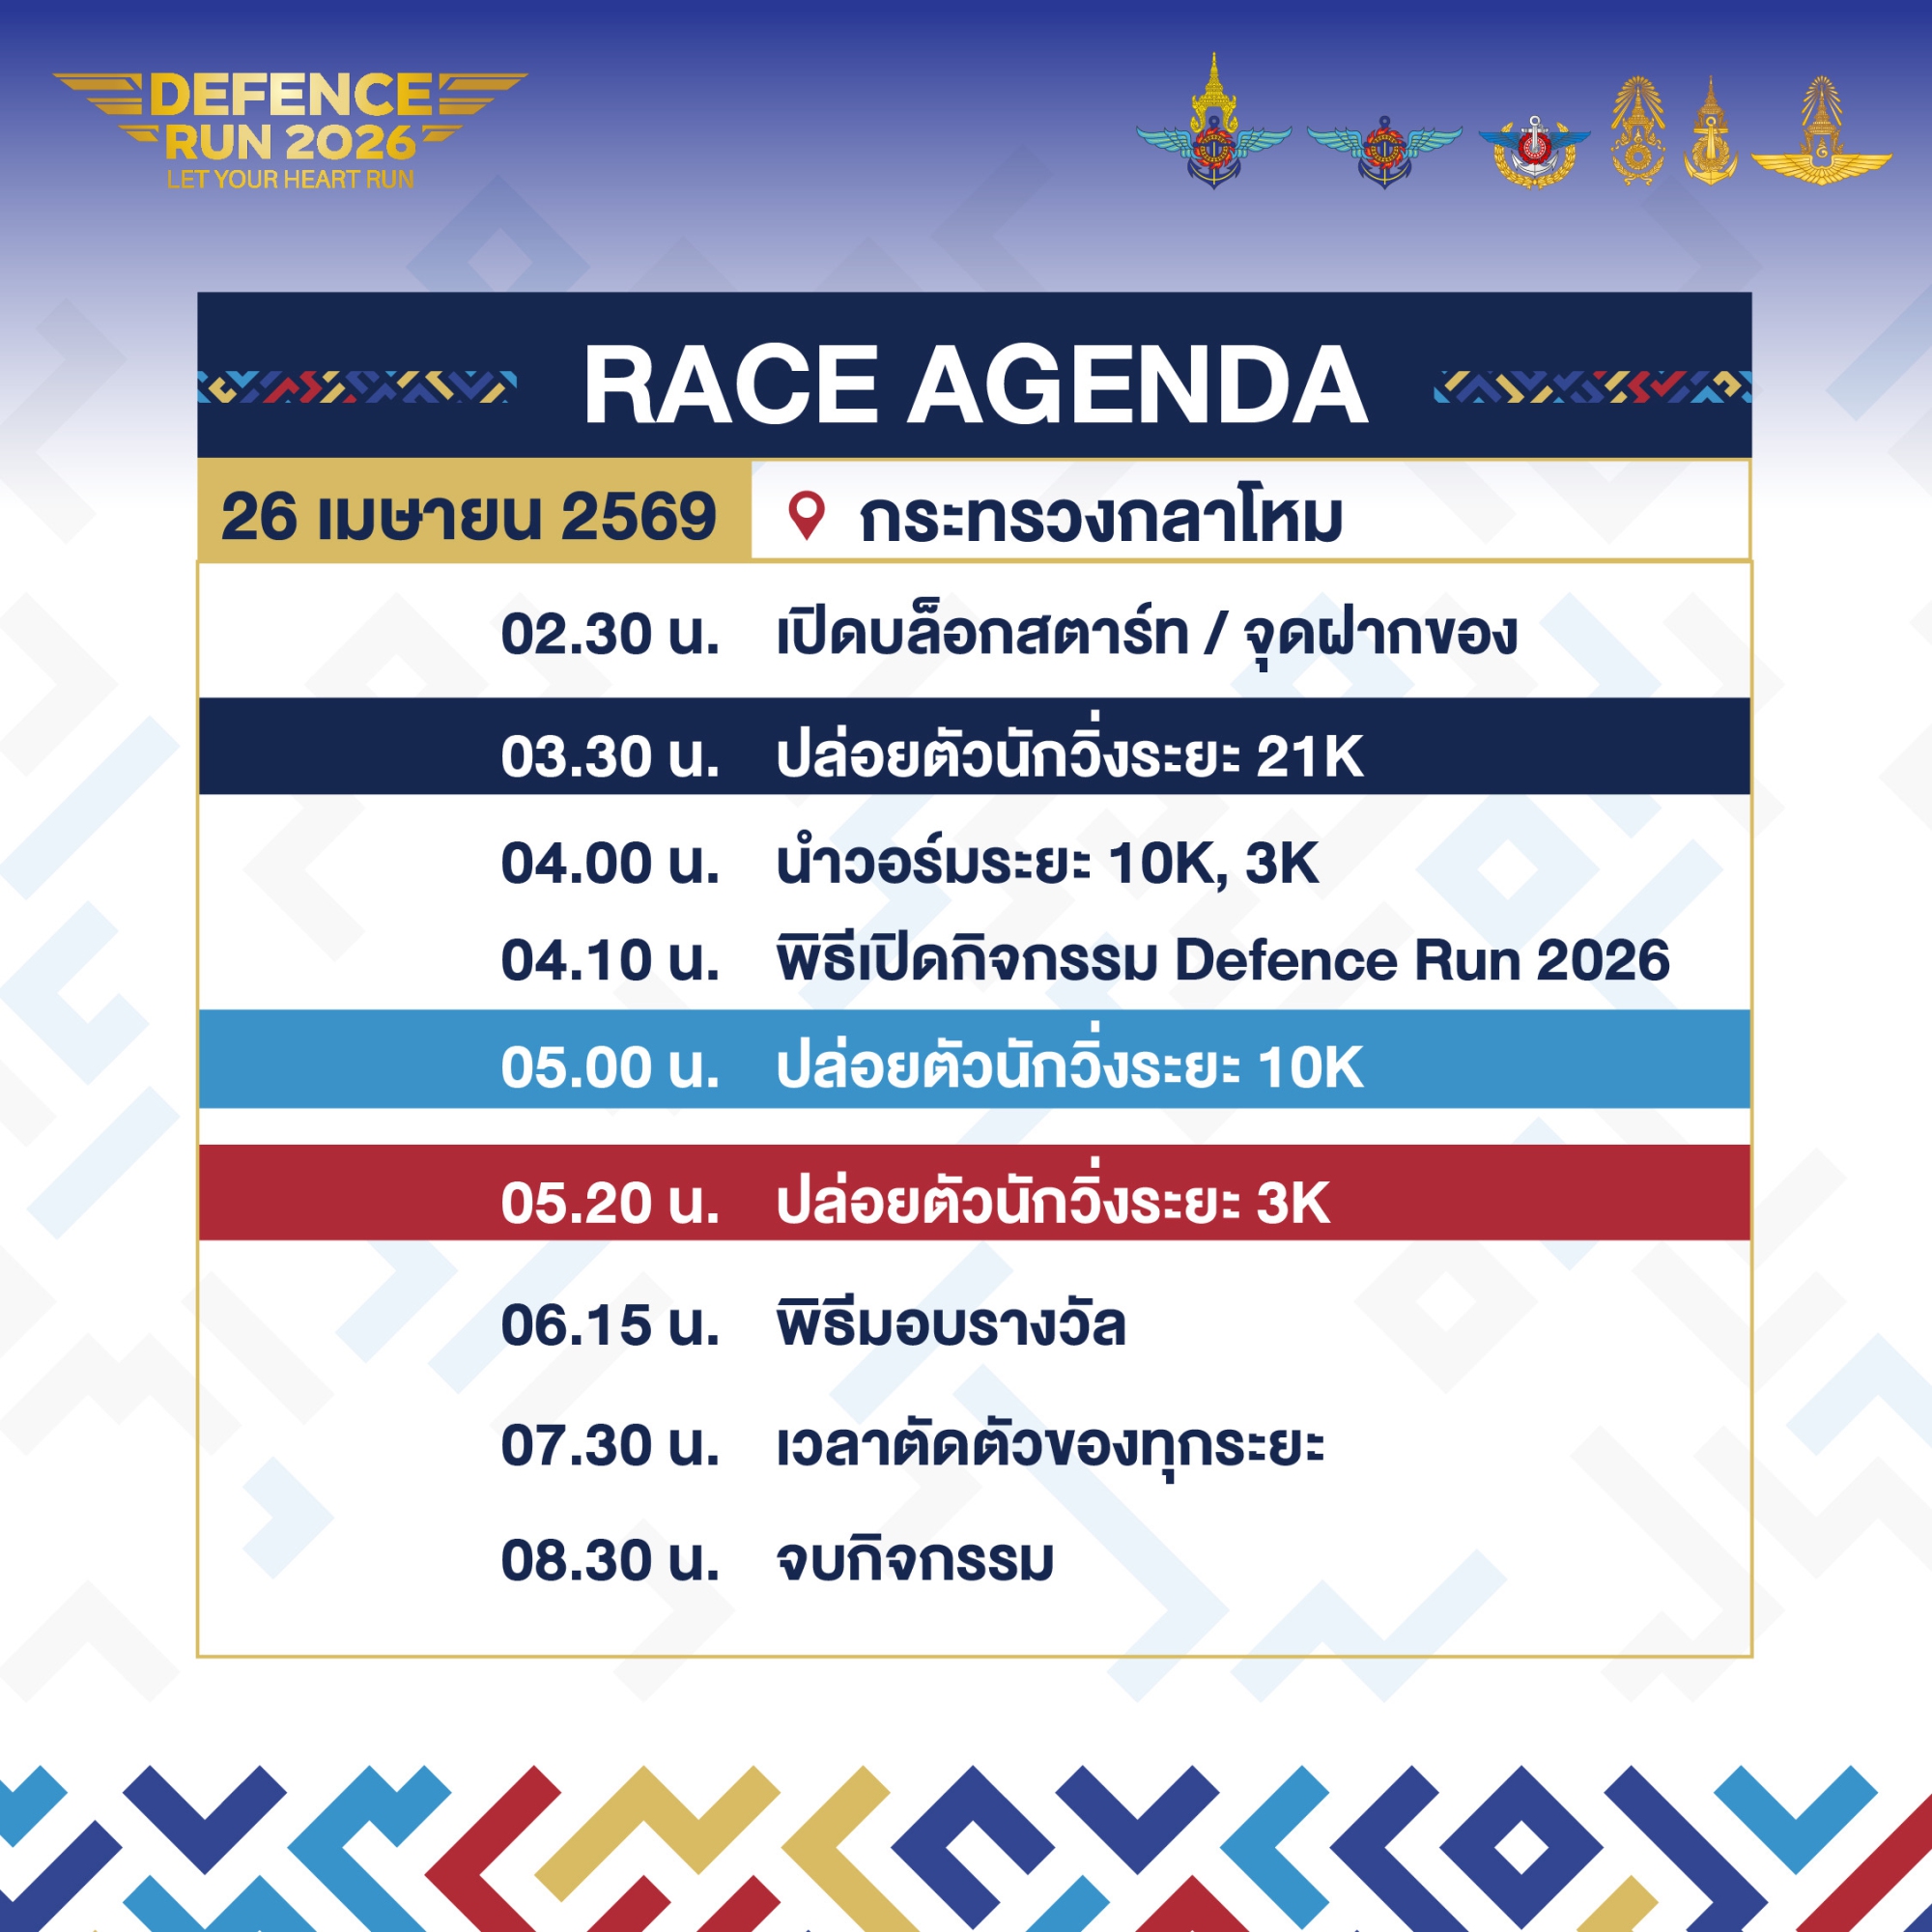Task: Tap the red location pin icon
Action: click(x=806, y=516)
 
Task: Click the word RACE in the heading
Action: click(x=730, y=385)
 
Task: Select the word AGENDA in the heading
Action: click(x=1137, y=385)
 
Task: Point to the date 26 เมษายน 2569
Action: click(x=468, y=517)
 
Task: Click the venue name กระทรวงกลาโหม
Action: click(x=1100, y=518)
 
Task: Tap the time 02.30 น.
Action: click(x=610, y=634)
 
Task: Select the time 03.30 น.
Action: click(x=610, y=756)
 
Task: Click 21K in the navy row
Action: click(x=1309, y=756)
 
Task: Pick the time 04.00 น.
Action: click(x=610, y=863)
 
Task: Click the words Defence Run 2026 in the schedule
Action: click(x=1422, y=960)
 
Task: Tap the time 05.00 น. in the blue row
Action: click(x=610, y=1067)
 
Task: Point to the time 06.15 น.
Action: click(x=610, y=1325)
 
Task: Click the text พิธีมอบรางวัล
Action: click(x=951, y=1323)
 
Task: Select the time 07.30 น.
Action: click(x=610, y=1446)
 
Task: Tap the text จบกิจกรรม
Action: click(x=915, y=1558)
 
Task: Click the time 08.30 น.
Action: click(x=610, y=1560)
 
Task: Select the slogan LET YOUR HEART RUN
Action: click(x=290, y=179)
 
